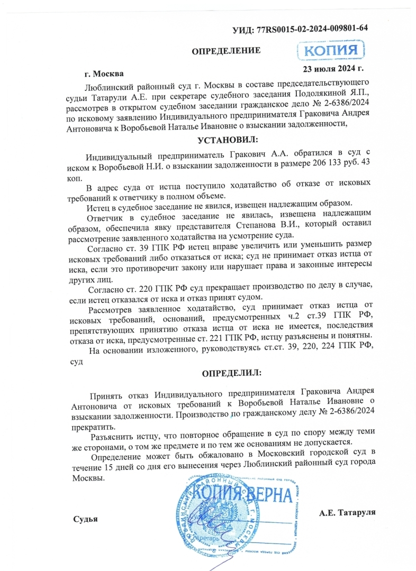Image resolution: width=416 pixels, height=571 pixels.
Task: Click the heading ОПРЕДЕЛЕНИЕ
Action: pyautogui.click(x=225, y=51)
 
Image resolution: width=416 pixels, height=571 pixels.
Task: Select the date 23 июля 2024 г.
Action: pyautogui.click(x=332, y=68)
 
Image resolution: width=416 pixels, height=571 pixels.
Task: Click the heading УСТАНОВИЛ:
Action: pyautogui.click(x=228, y=141)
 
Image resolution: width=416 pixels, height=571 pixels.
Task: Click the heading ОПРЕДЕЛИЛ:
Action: pyautogui.click(x=232, y=373)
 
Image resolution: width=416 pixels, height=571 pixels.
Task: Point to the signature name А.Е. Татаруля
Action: pyautogui.click(x=347, y=512)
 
